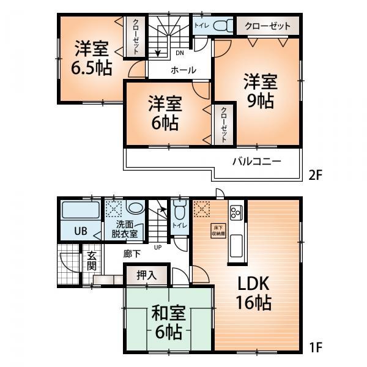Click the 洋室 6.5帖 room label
91,57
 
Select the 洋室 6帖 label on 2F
163,113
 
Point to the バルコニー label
256,162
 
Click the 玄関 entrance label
91,261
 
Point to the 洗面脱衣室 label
124,228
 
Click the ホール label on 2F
183,70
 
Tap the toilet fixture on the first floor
179,212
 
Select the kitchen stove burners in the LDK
235,212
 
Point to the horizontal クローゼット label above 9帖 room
267,26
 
